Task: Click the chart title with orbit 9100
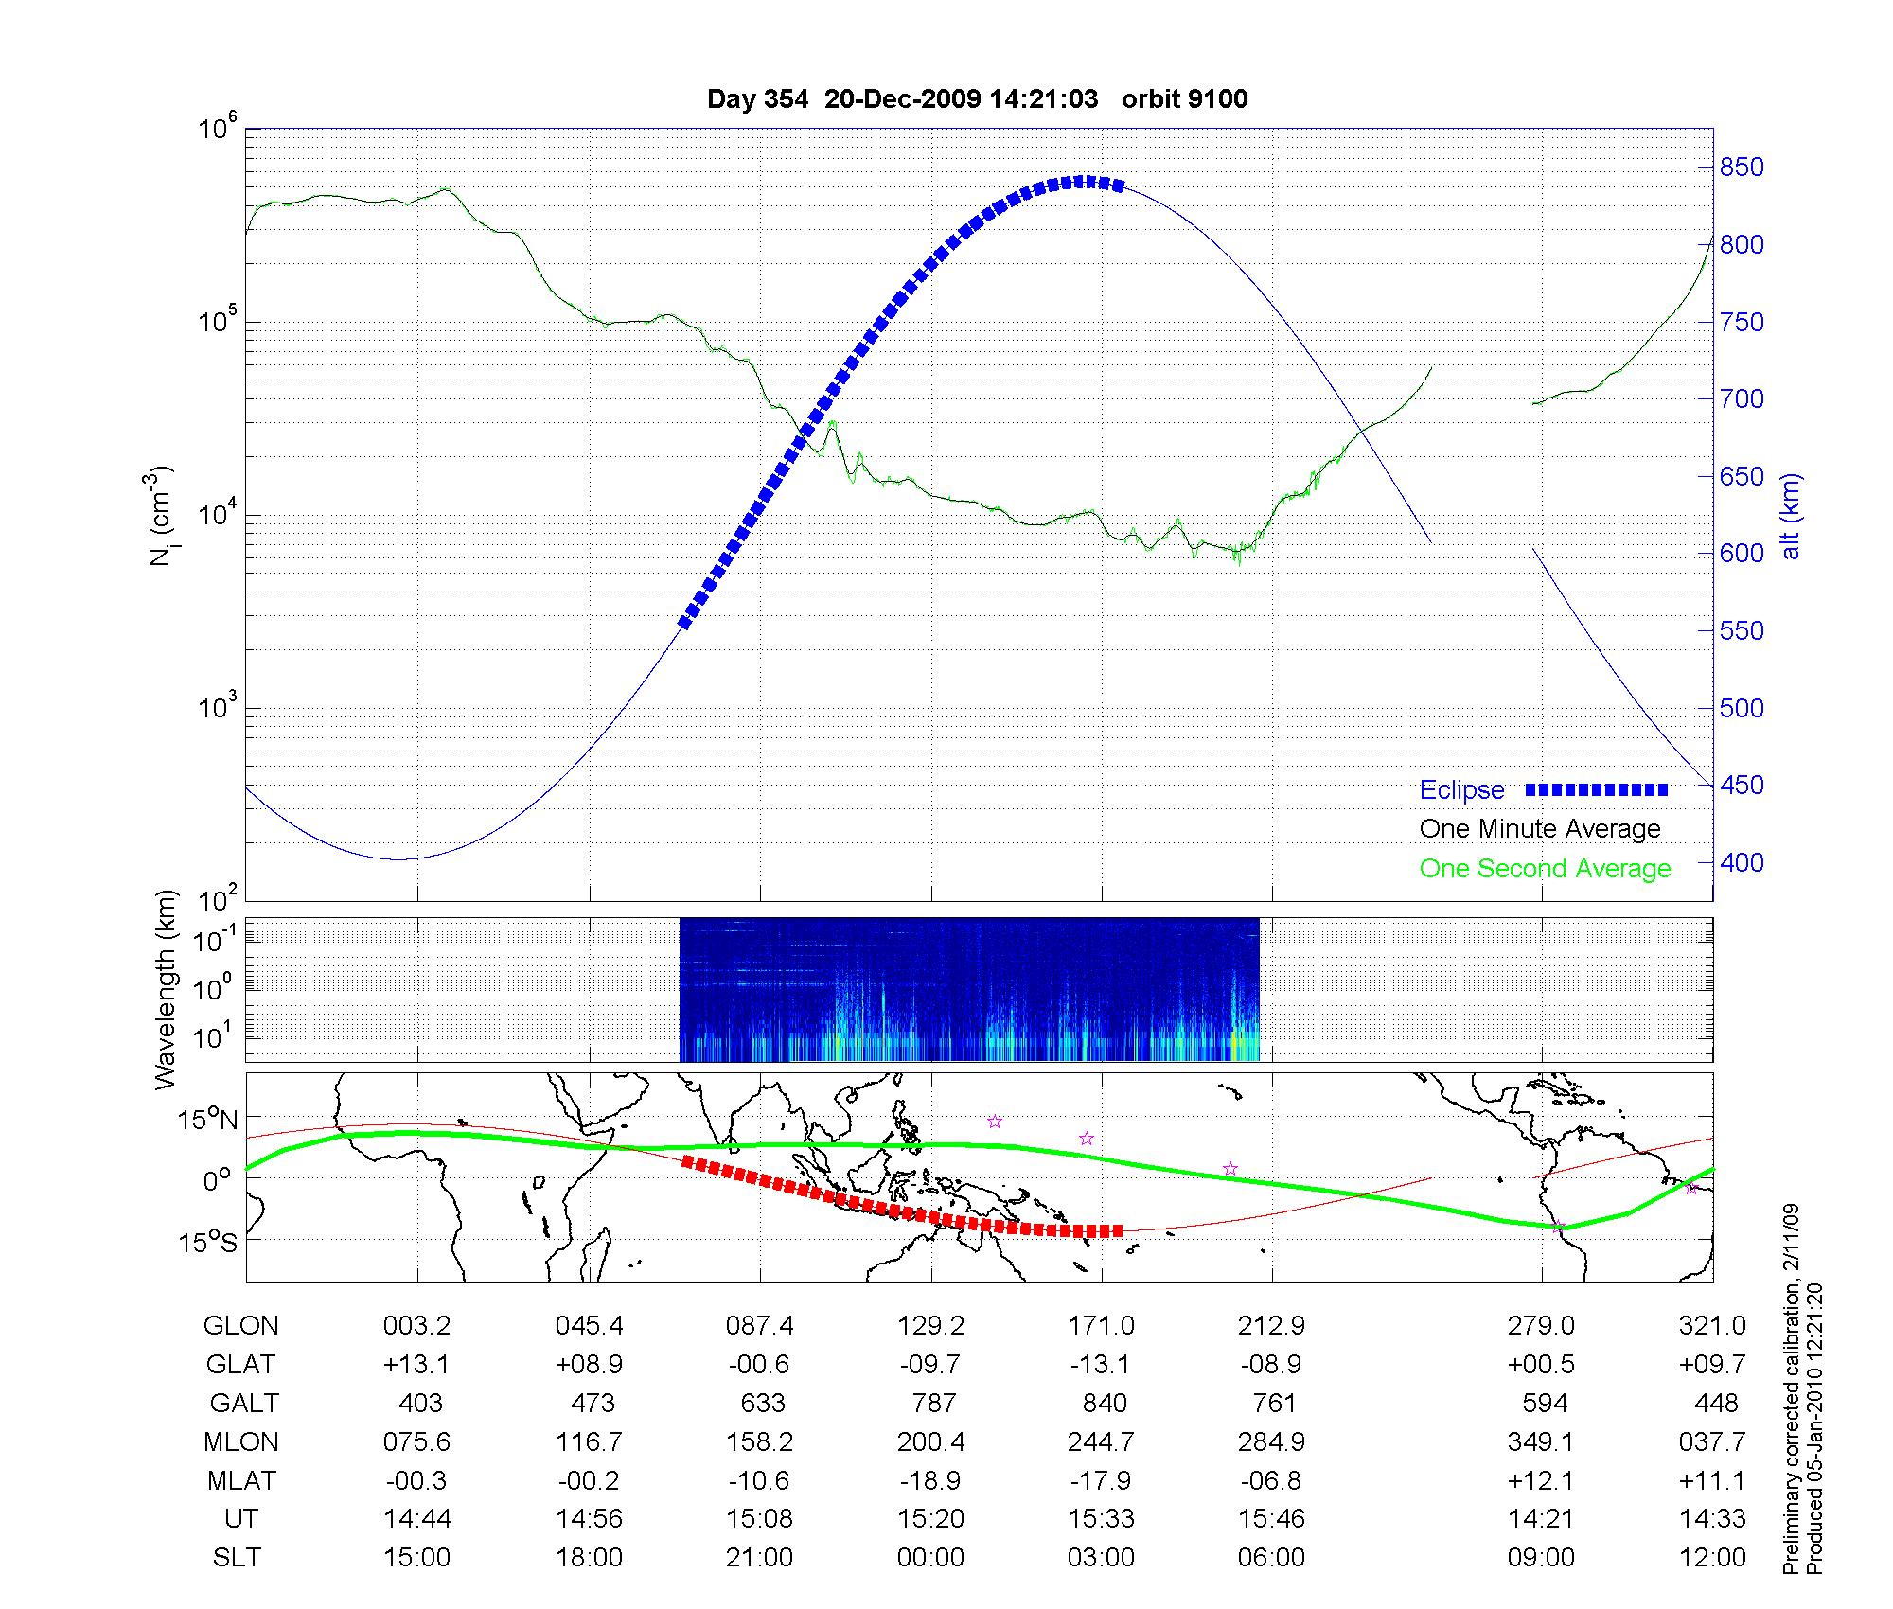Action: pyautogui.click(x=977, y=99)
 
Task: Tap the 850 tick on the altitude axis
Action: pyautogui.click(x=1742, y=168)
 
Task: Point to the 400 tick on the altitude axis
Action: pyautogui.click(x=1742, y=863)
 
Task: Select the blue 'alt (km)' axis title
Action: pyautogui.click(x=1790, y=516)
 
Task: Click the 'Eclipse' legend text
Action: pyautogui.click(x=1461, y=790)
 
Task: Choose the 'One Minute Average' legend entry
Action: pyautogui.click(x=1540, y=829)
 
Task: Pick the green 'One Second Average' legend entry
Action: pyautogui.click(x=1545, y=869)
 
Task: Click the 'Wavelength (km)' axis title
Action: pyautogui.click(x=167, y=989)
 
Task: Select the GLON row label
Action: pyautogui.click(x=241, y=1326)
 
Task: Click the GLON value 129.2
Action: pyautogui.click(x=930, y=1326)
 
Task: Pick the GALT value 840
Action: pyautogui.click(x=1104, y=1403)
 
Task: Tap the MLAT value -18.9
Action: pyautogui.click(x=930, y=1480)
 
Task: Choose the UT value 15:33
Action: pyautogui.click(x=1101, y=1519)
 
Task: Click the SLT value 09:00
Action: pyautogui.click(x=1542, y=1558)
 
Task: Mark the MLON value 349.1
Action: pyautogui.click(x=1541, y=1441)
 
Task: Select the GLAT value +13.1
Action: pyautogui.click(x=416, y=1364)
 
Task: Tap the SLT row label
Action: pyautogui.click(x=237, y=1558)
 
